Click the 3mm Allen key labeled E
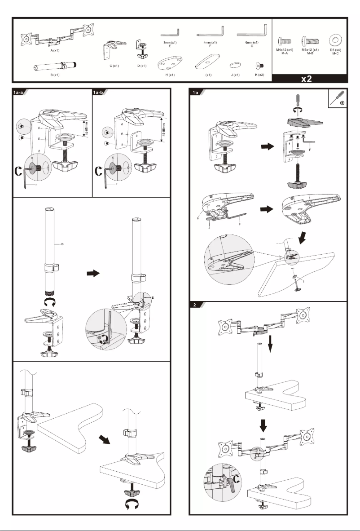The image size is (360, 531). pyautogui.click(x=171, y=34)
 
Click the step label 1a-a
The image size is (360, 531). pyautogui.click(x=19, y=93)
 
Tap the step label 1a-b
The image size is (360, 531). pyautogui.click(x=99, y=93)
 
